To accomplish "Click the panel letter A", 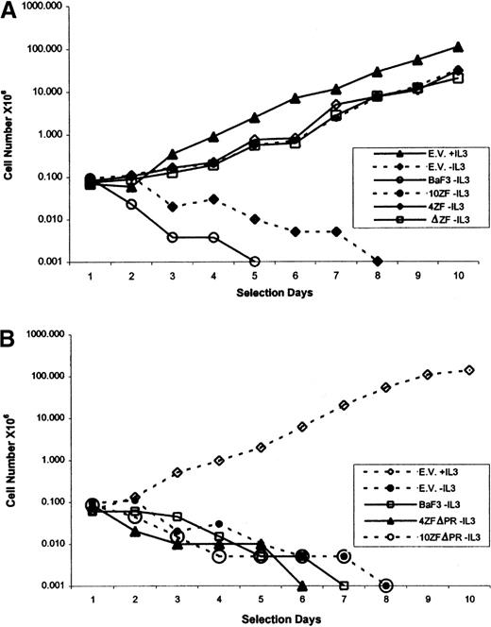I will (x=10, y=10).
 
